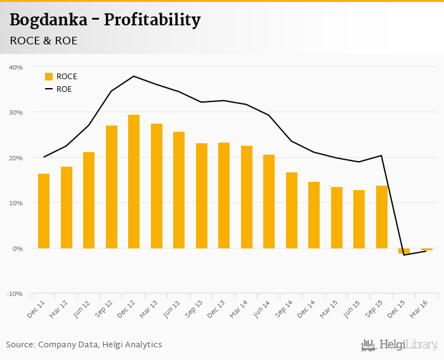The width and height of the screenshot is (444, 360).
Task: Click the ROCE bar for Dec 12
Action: [x=134, y=181]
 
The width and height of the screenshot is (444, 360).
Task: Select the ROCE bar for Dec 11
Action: [x=44, y=211]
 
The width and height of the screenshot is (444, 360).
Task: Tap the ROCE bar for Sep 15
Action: [x=382, y=217]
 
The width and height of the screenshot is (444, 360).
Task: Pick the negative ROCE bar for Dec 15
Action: [x=404, y=251]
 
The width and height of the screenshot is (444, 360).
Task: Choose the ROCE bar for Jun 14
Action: [x=269, y=202]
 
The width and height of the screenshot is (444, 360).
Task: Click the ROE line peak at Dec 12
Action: [x=134, y=76]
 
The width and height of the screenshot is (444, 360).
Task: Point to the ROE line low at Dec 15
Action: [x=404, y=255]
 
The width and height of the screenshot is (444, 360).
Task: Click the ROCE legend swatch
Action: [x=49, y=77]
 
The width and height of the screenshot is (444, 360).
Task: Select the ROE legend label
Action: [x=64, y=89]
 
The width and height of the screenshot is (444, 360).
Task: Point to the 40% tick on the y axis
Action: [x=16, y=67]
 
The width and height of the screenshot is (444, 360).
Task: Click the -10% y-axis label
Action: [x=15, y=294]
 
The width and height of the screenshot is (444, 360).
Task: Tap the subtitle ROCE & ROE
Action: [x=43, y=41]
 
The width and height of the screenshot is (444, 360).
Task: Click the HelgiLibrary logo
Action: [x=399, y=345]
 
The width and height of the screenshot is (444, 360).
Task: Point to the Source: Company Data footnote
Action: [x=84, y=345]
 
